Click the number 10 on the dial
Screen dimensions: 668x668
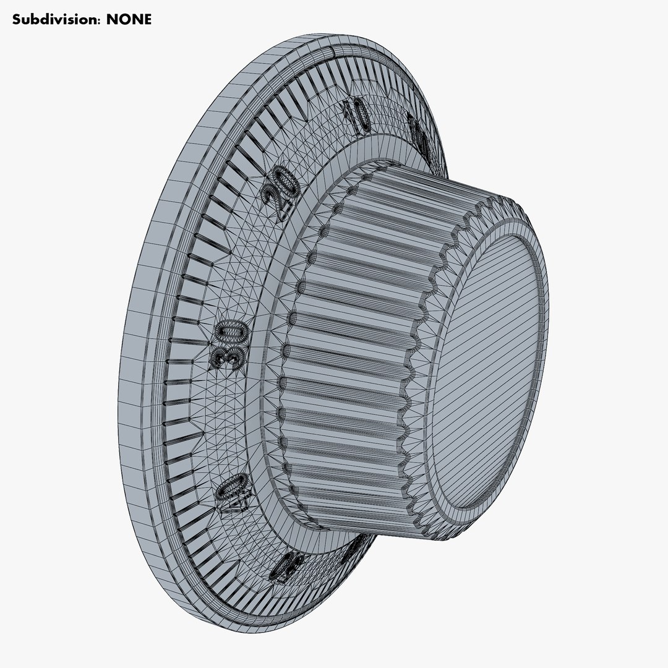[357, 115]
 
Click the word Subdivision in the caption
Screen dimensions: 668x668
[56, 19]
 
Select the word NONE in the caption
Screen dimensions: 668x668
[129, 19]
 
